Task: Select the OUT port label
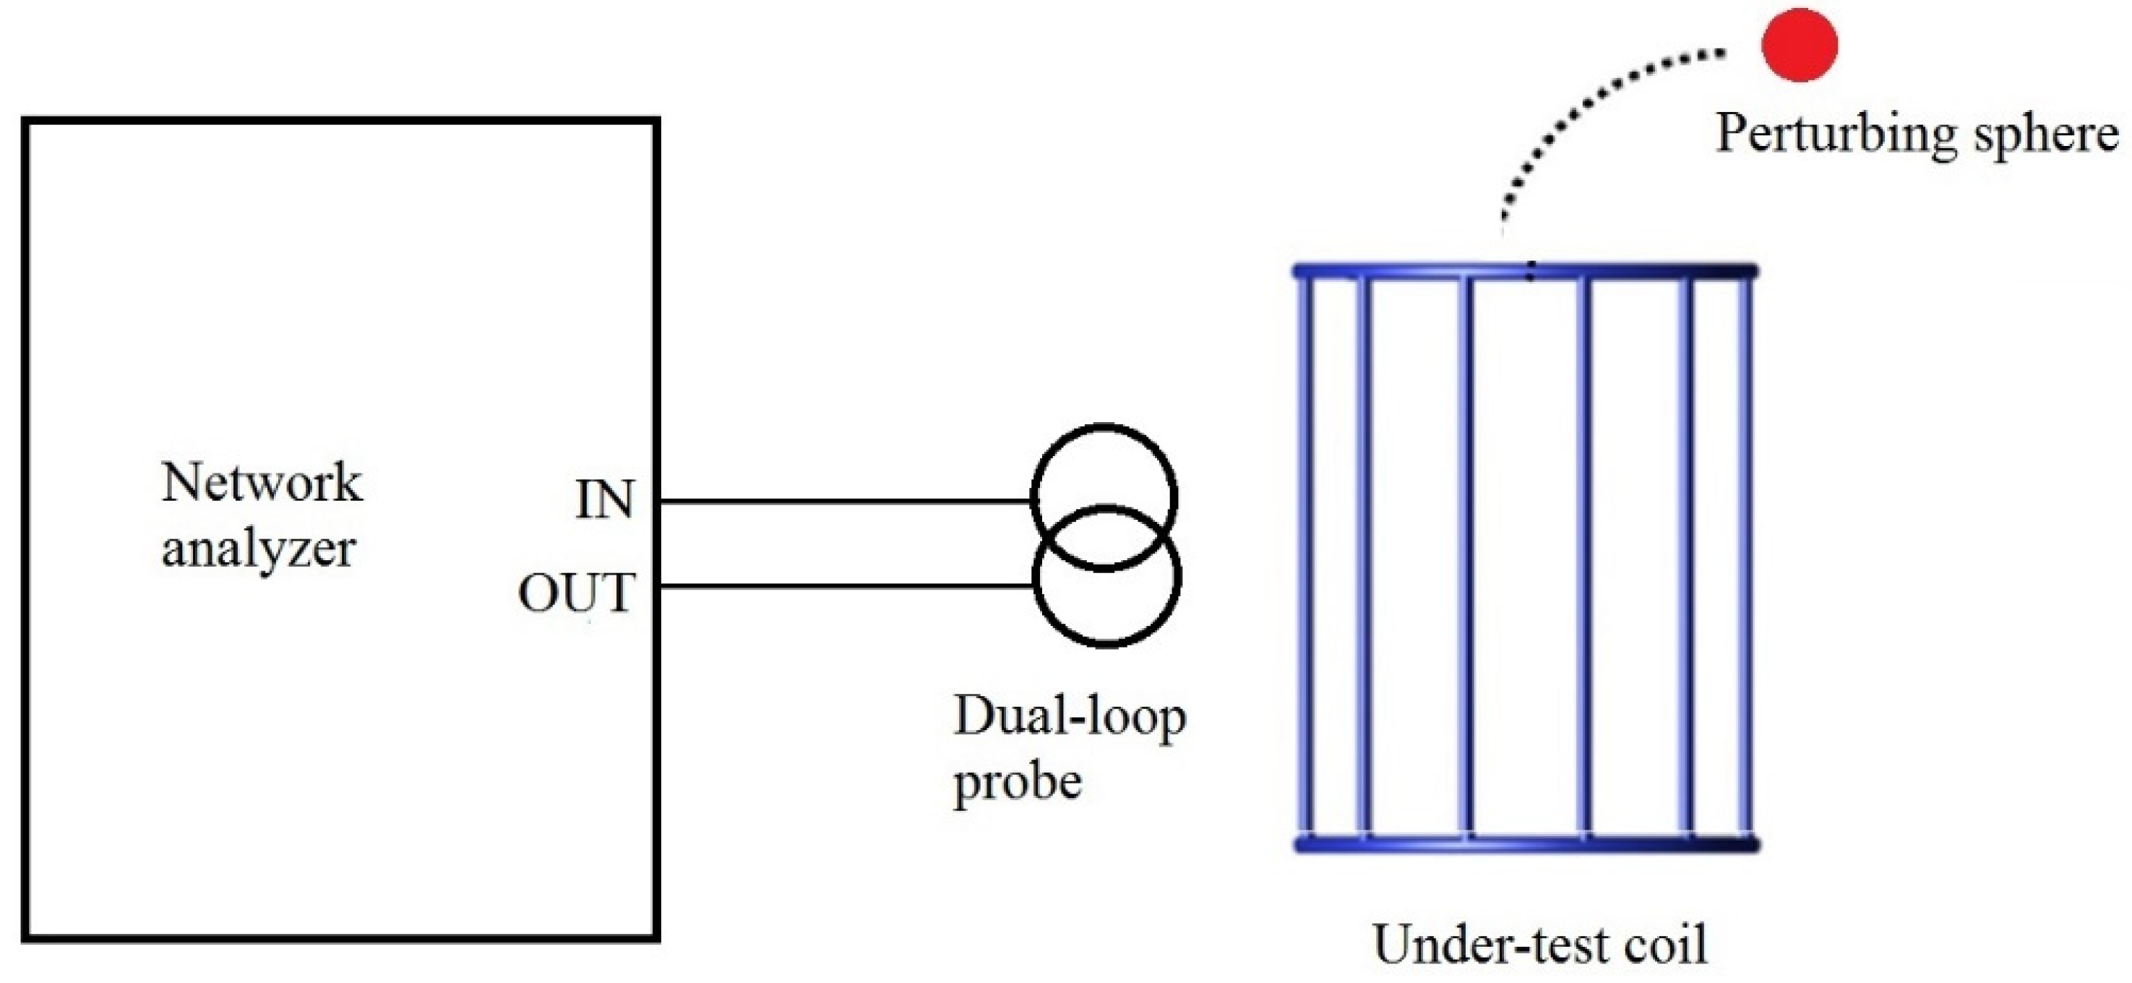[x=577, y=593]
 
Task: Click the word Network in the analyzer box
[x=262, y=482]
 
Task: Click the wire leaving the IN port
[x=844, y=502]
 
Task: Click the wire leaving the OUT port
[x=844, y=587]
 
